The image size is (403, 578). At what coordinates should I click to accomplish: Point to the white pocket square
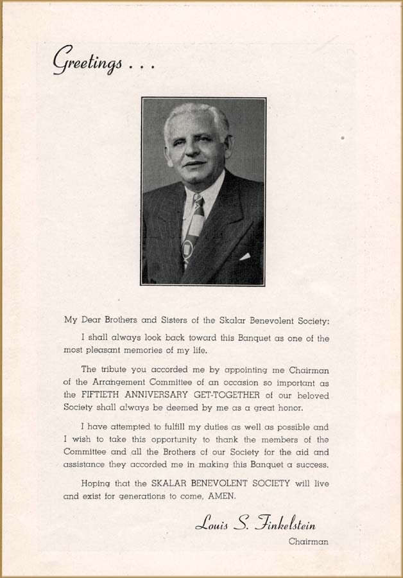click(244, 256)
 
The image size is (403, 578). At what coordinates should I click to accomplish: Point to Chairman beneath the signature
click(308, 541)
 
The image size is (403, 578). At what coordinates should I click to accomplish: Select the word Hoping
click(96, 484)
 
